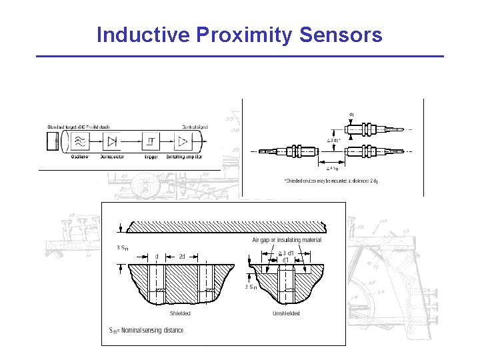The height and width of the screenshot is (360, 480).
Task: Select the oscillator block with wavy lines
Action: click(80, 141)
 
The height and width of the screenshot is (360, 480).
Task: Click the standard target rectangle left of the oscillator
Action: click(53, 141)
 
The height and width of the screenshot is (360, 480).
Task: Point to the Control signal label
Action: click(195, 126)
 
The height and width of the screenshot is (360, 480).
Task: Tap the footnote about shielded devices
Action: click(331, 181)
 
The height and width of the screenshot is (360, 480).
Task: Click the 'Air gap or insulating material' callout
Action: click(287, 240)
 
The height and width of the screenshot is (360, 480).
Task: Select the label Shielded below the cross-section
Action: click(180, 313)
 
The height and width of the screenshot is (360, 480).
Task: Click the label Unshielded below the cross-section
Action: click(286, 313)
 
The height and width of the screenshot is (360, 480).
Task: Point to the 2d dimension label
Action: click(182, 256)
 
